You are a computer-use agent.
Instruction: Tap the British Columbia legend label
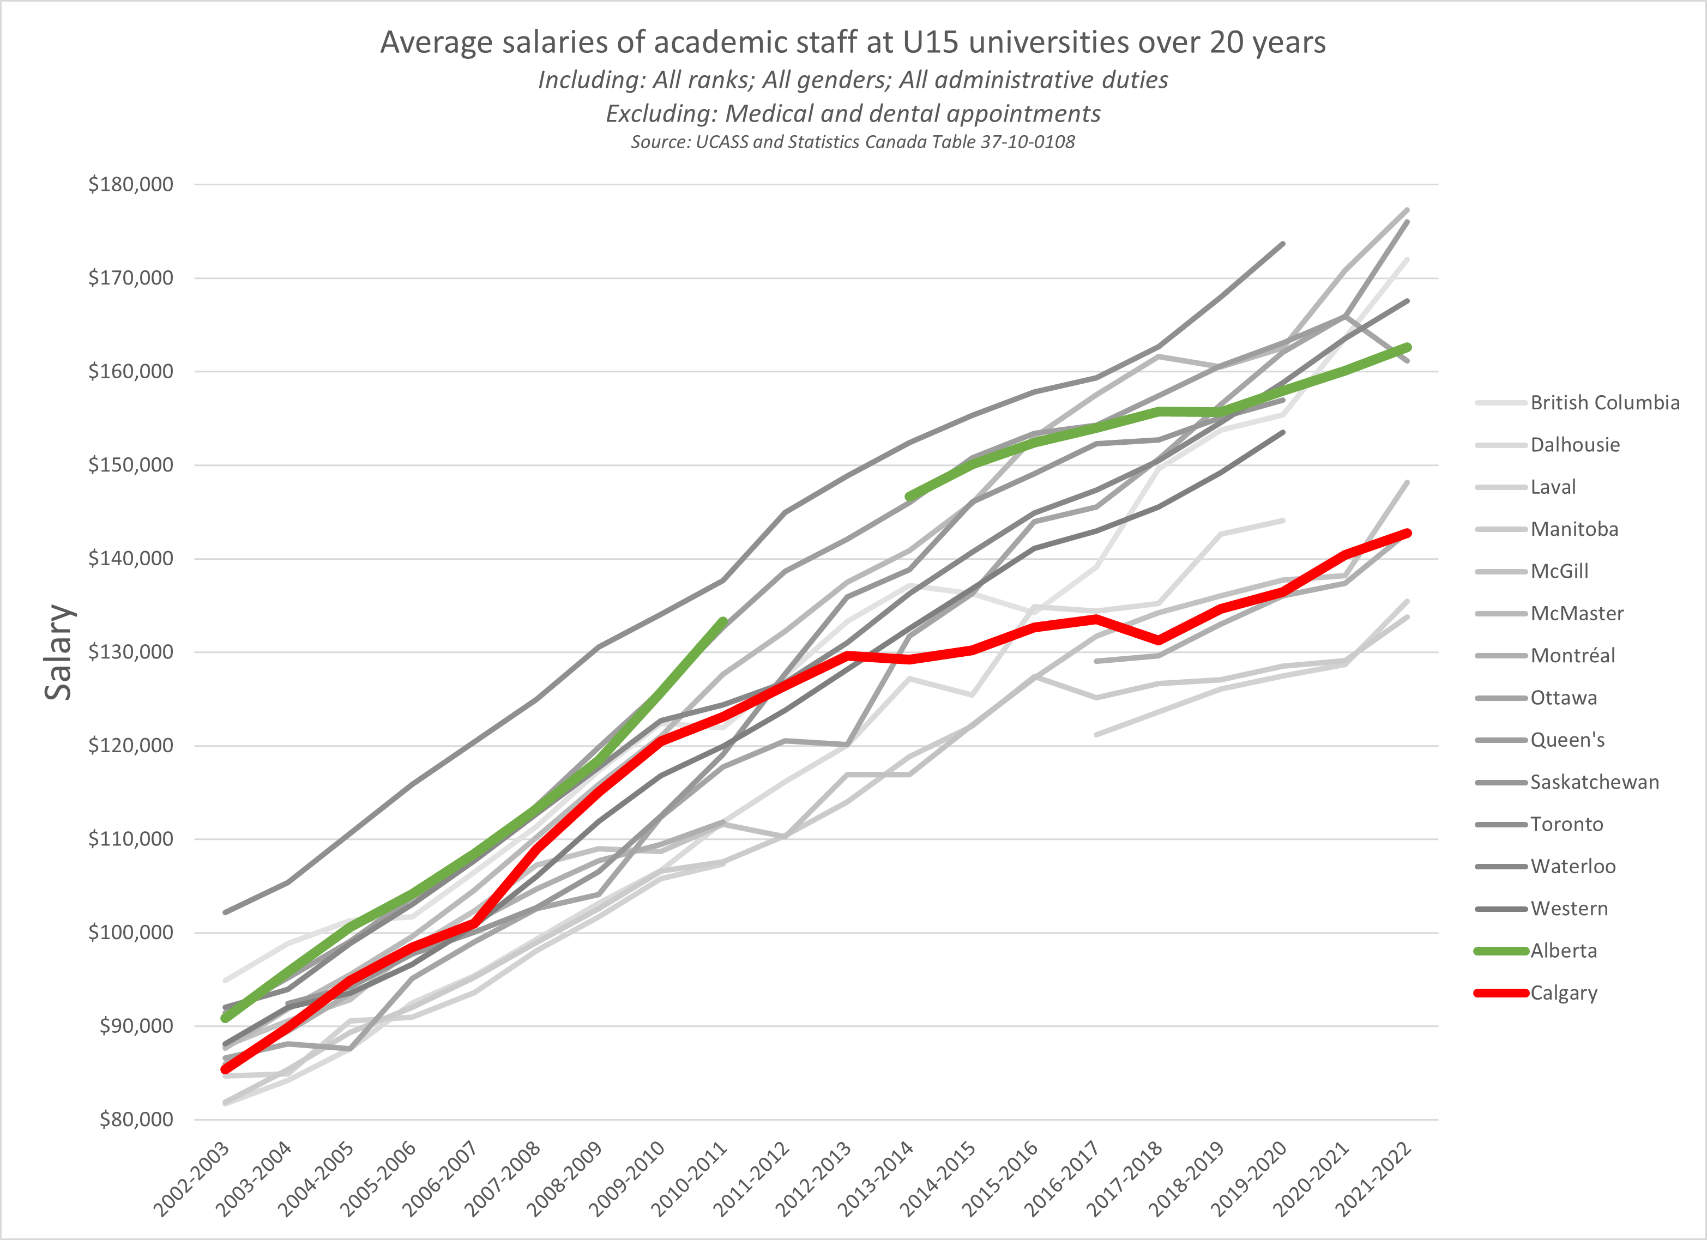click(1605, 403)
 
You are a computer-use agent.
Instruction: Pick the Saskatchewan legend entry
click(1594, 783)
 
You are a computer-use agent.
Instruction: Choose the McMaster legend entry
click(1577, 614)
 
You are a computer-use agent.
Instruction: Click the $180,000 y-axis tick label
click(130, 184)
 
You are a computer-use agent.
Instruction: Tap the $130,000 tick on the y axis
click(130, 651)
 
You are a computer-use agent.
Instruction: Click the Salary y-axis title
click(59, 651)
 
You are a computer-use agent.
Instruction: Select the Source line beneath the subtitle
click(853, 142)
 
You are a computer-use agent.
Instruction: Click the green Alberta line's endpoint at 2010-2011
click(723, 621)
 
